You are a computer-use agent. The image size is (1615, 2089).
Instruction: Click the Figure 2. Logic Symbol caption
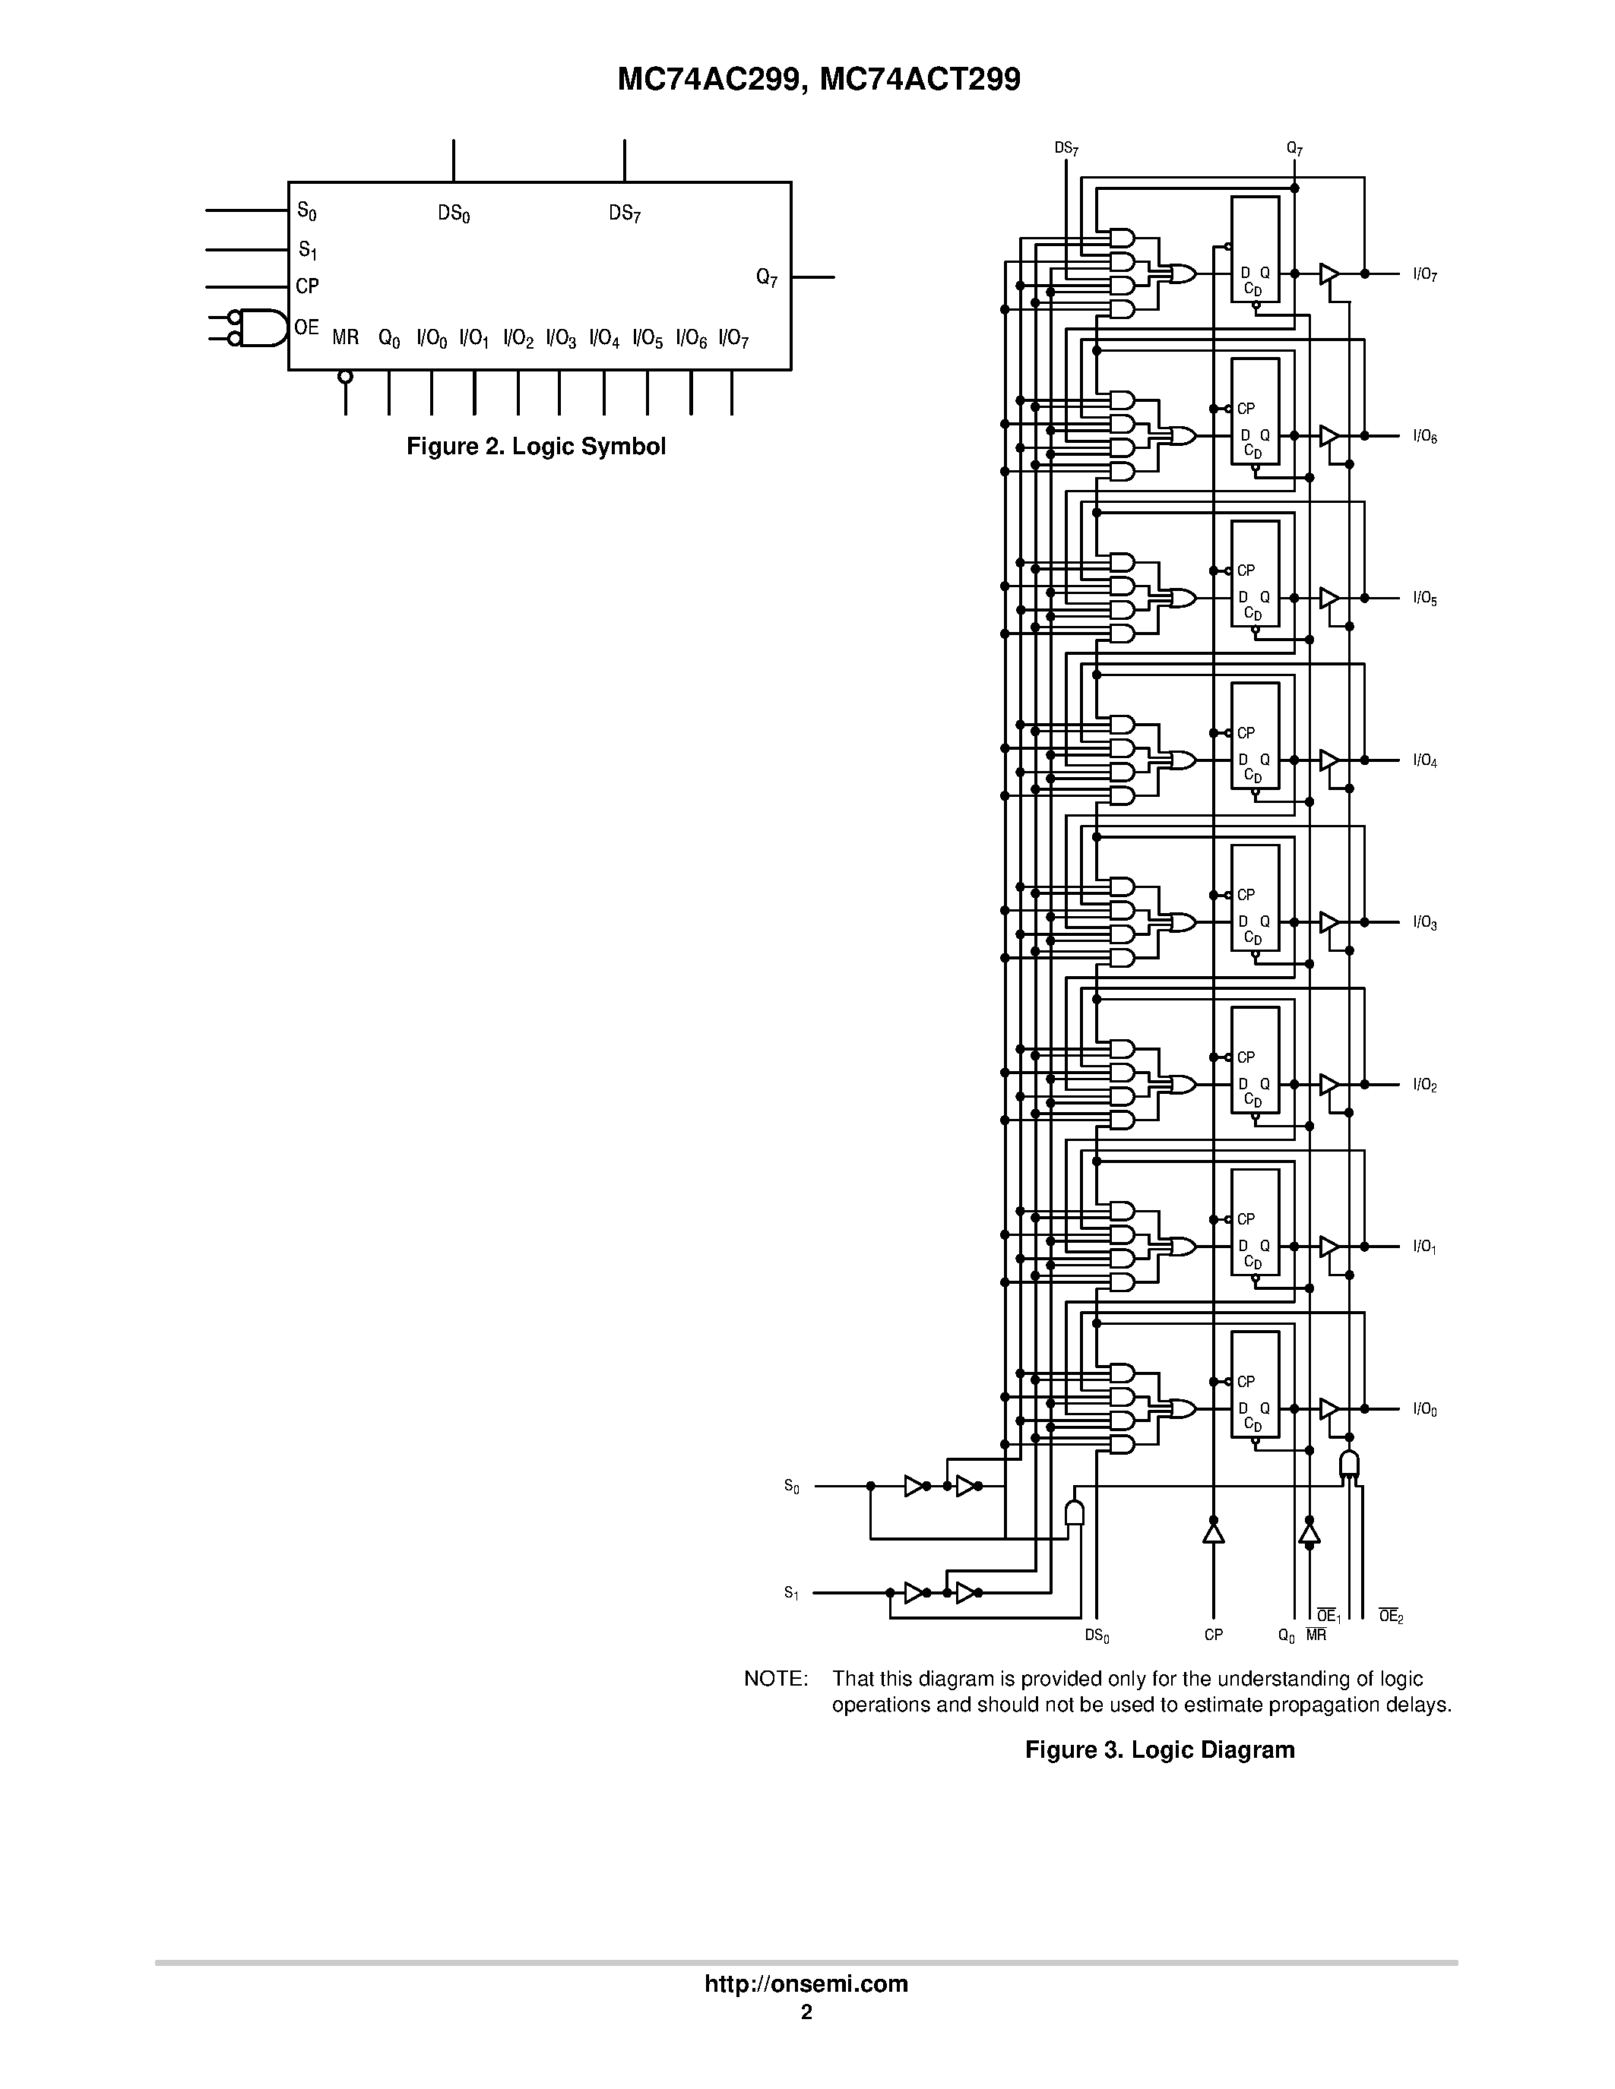tap(536, 447)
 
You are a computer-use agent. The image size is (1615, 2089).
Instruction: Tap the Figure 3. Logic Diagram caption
tap(1160, 1749)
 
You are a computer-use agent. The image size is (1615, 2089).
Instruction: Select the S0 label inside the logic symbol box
tap(307, 210)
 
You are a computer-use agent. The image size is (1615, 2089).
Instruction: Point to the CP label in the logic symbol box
tap(307, 286)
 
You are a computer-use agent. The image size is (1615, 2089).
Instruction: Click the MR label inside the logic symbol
tap(345, 337)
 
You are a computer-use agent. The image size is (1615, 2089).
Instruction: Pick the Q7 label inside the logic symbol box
tap(766, 278)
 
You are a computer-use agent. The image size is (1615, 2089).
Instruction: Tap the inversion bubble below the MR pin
tap(345, 377)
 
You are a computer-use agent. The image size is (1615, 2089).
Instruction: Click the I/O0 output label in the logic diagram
tap(1424, 1410)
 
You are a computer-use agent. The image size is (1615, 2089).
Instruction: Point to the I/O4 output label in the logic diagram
tap(1424, 761)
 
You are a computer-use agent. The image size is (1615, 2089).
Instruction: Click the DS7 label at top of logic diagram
tap(1066, 148)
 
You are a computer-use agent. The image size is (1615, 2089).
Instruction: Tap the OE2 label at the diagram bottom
tap(1390, 1617)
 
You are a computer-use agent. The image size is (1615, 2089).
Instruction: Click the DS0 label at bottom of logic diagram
tap(1097, 1636)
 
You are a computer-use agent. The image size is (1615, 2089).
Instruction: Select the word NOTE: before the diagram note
tap(776, 1679)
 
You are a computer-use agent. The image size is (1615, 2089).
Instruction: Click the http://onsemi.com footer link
tap(806, 1983)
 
